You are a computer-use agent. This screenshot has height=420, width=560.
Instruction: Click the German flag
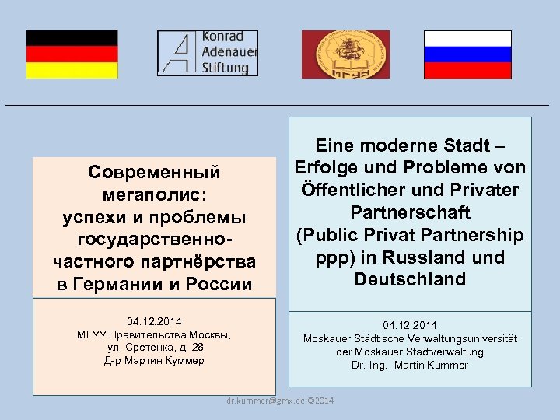[x=72, y=54]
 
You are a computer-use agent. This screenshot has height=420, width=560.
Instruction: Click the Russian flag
[x=467, y=54]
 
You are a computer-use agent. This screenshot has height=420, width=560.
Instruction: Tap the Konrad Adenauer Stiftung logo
[x=207, y=53]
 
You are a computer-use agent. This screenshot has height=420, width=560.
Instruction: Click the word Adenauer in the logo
[x=229, y=52]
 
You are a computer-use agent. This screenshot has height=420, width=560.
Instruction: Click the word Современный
[x=154, y=171]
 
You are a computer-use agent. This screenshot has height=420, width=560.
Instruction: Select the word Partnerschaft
[x=410, y=212]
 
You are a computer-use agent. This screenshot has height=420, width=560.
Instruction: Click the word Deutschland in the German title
[x=410, y=279]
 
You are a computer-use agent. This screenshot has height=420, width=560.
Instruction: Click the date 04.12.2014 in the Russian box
[x=154, y=321]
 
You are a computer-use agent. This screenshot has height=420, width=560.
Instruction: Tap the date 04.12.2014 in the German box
[x=410, y=325]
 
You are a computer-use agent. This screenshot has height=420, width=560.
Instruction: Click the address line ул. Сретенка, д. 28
[x=154, y=348]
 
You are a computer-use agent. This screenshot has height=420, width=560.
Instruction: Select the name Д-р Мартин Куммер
[x=154, y=361]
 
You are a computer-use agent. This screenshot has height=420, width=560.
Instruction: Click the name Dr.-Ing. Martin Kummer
[x=410, y=365]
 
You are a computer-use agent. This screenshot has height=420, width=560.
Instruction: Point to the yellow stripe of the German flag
[x=72, y=70]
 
